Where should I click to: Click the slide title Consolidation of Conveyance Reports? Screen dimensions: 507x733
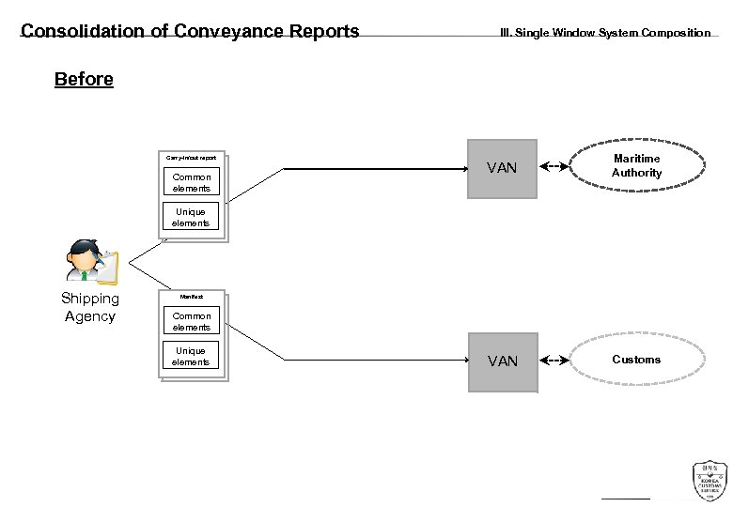[190, 32]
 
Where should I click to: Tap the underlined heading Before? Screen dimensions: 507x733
[84, 80]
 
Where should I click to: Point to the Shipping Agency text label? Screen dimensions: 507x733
[90, 307]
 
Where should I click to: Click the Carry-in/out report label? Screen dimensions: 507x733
[191, 158]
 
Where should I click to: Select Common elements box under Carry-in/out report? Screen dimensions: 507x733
[191, 182]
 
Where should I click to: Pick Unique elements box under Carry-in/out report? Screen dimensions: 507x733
[191, 217]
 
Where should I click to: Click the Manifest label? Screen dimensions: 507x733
[191, 297]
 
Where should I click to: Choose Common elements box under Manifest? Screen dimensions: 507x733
[191, 321]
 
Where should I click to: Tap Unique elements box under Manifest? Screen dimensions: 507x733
[191, 357]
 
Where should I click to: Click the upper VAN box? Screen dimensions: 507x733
[503, 169]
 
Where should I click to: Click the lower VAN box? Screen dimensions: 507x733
[503, 361]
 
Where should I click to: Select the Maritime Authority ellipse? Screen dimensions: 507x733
[636, 166]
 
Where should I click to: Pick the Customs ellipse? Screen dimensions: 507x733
[636, 360]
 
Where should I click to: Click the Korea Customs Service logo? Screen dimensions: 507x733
[709, 480]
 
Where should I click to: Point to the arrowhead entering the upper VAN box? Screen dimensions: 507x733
[465, 169]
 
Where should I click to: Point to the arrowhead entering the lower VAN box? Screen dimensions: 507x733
[465, 361]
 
